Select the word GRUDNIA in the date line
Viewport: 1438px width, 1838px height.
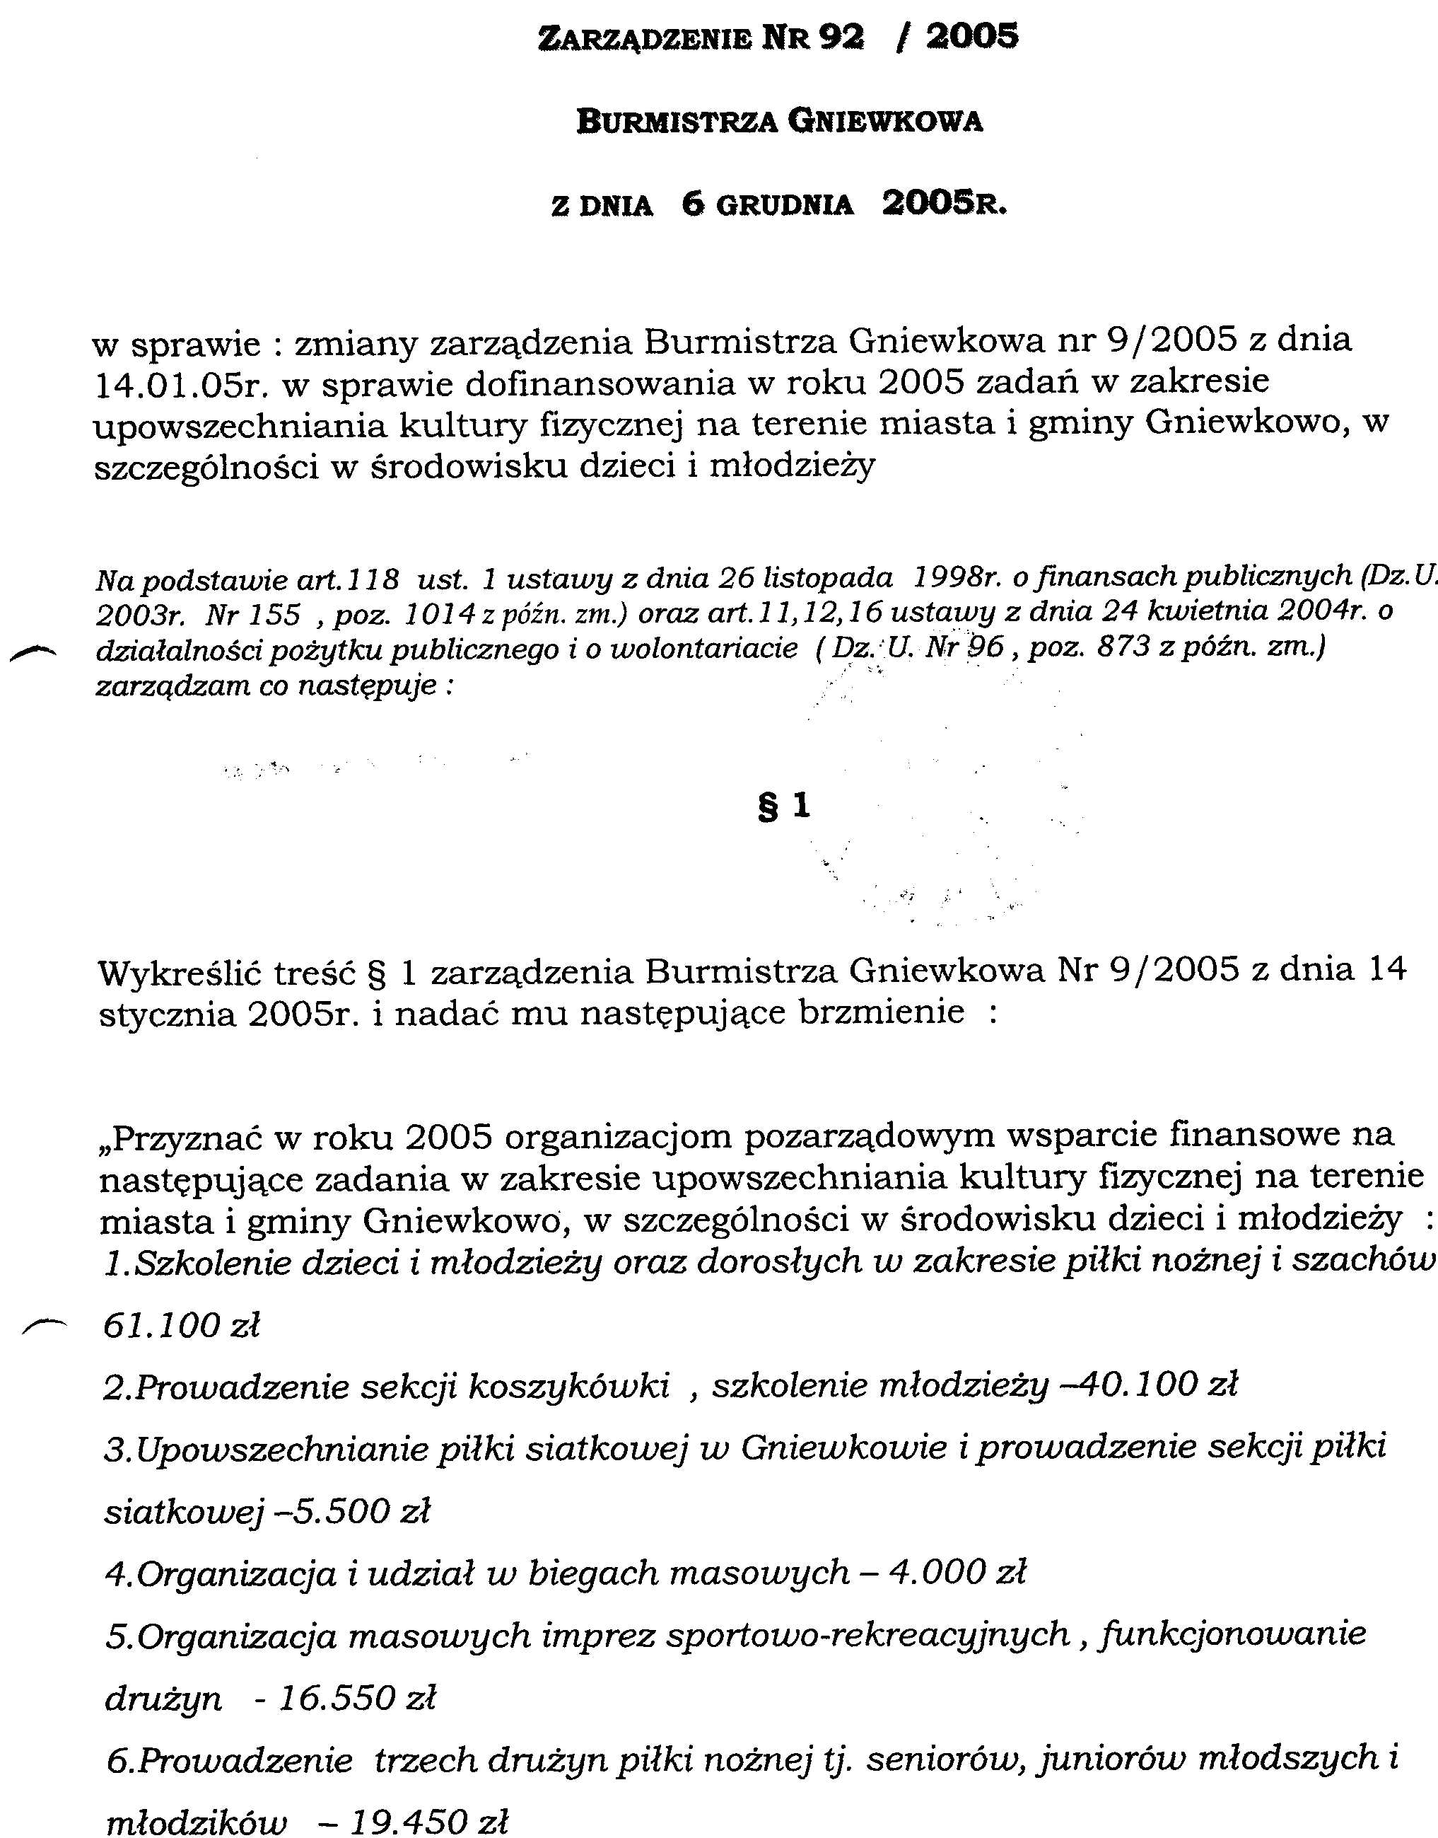tap(784, 207)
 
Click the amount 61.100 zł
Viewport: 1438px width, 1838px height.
tap(181, 1326)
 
